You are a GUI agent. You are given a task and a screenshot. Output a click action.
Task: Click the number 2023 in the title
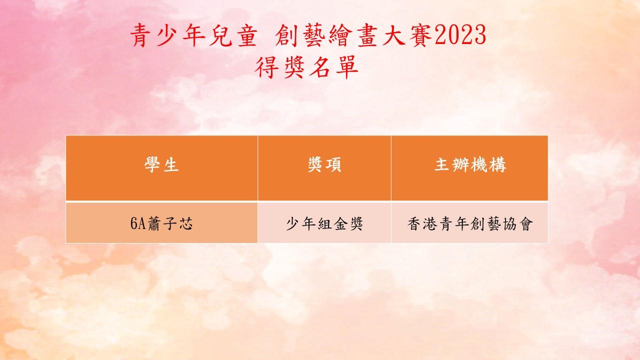(x=460, y=35)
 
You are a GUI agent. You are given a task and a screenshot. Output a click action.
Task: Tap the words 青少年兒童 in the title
(x=194, y=35)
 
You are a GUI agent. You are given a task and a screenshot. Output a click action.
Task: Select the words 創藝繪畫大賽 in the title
(x=353, y=35)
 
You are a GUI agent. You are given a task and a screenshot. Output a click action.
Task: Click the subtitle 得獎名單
(x=306, y=67)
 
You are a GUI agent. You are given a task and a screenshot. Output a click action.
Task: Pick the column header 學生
(x=161, y=164)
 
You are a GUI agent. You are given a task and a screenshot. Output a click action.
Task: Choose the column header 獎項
(x=324, y=164)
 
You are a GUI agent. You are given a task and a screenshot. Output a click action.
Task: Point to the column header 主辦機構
(x=470, y=164)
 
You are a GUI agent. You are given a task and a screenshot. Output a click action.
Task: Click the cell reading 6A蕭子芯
(x=161, y=223)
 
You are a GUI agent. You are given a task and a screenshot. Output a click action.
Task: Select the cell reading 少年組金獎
(x=324, y=223)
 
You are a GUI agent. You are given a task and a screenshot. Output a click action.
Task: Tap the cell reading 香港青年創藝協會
(x=470, y=223)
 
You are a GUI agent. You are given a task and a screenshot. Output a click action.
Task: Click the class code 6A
(x=138, y=223)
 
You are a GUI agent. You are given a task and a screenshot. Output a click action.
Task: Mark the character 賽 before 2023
(x=420, y=35)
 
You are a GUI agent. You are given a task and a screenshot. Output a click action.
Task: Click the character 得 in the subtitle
(x=266, y=67)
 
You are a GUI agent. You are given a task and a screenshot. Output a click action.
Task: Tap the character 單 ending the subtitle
(x=347, y=67)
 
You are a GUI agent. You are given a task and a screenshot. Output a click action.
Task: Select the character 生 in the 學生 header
(x=171, y=165)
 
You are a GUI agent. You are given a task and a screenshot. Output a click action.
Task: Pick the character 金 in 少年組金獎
(x=339, y=223)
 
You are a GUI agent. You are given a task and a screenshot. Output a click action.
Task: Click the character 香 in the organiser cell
(x=414, y=223)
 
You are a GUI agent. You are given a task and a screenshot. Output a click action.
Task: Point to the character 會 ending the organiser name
(x=525, y=223)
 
